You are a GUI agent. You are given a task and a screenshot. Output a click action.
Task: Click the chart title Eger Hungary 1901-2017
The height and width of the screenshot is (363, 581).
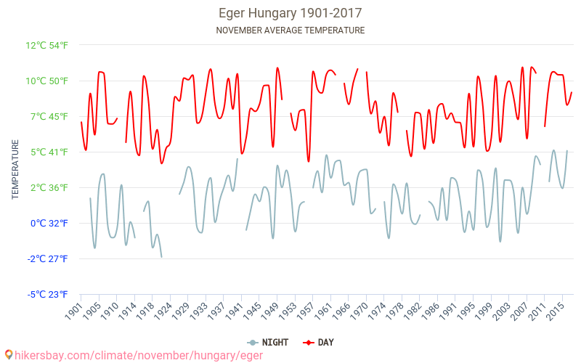pos(290,13)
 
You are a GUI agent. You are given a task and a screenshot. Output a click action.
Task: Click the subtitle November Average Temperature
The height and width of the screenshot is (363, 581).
pos(290,30)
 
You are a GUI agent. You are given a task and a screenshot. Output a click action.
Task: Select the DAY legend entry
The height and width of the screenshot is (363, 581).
pos(320,342)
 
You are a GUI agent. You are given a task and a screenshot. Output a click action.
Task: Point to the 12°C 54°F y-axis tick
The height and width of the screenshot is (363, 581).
pos(47,45)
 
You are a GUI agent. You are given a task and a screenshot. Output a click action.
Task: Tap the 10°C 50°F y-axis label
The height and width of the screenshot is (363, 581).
pos(47,81)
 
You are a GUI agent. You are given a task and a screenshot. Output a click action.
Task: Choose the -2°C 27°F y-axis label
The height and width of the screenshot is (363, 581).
pos(48,258)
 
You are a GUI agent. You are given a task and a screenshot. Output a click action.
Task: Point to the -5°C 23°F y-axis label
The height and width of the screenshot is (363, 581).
pos(48,294)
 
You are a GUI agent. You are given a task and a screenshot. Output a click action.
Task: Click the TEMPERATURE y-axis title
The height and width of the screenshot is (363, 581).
pos(15,170)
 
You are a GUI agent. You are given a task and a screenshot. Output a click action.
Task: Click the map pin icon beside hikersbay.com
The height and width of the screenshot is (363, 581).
pos(9,354)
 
